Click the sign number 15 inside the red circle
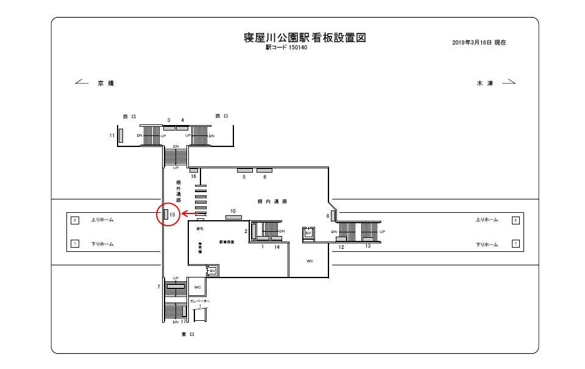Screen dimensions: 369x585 172,215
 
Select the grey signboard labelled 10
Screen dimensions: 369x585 233,217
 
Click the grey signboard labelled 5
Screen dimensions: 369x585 244,170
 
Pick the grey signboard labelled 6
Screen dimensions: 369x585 264,170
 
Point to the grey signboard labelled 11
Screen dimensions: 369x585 121,135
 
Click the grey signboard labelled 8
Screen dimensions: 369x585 333,215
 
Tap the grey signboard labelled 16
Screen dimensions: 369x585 194,170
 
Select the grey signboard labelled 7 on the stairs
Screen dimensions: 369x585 176,285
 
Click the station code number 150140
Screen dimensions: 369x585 297,48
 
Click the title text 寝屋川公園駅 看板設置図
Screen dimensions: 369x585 305,37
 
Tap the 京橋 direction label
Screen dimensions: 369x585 106,83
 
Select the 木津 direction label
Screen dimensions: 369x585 484,83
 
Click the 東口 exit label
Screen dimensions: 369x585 188,334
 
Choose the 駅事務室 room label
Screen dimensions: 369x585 227,242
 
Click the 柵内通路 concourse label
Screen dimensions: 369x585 272,201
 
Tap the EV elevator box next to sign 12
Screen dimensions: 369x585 308,233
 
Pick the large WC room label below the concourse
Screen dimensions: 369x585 310,261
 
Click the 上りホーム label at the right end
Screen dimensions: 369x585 487,220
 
